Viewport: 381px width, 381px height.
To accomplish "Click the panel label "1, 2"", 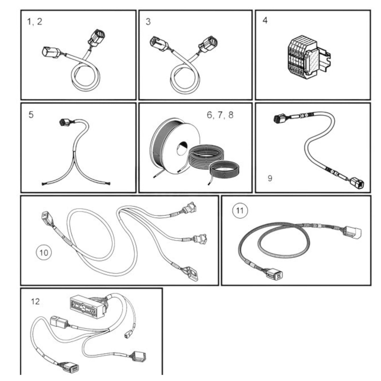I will click(x=34, y=21).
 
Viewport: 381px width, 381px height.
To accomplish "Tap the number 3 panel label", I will click(x=148, y=22).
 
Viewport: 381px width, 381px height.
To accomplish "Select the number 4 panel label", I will click(x=265, y=20).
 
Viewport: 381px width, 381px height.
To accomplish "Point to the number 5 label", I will click(x=31, y=115).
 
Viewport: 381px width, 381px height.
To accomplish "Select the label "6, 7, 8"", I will click(x=220, y=115).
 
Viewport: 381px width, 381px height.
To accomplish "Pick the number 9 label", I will click(x=270, y=178).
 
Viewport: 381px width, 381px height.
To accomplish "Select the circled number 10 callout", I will click(x=44, y=252).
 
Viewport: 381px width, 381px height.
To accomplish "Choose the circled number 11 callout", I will click(x=240, y=211).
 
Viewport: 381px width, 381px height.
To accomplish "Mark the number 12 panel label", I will click(x=35, y=301).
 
